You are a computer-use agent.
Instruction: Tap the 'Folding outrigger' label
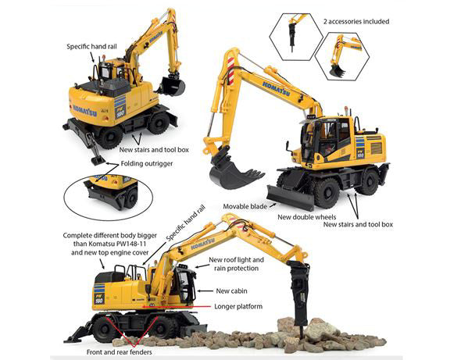click(148, 165)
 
